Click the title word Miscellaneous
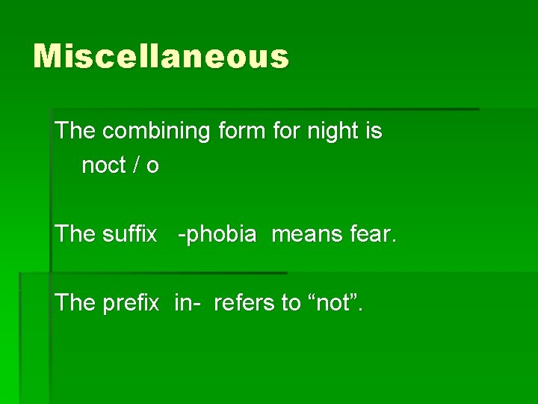tap(161, 57)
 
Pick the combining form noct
tap(104, 165)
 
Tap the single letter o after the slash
tap(153, 166)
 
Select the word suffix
tap(129, 234)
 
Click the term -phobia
tap(217, 234)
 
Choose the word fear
tap(374, 234)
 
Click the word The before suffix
tap(75, 234)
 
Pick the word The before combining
tap(75, 132)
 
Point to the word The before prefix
tap(75, 303)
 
